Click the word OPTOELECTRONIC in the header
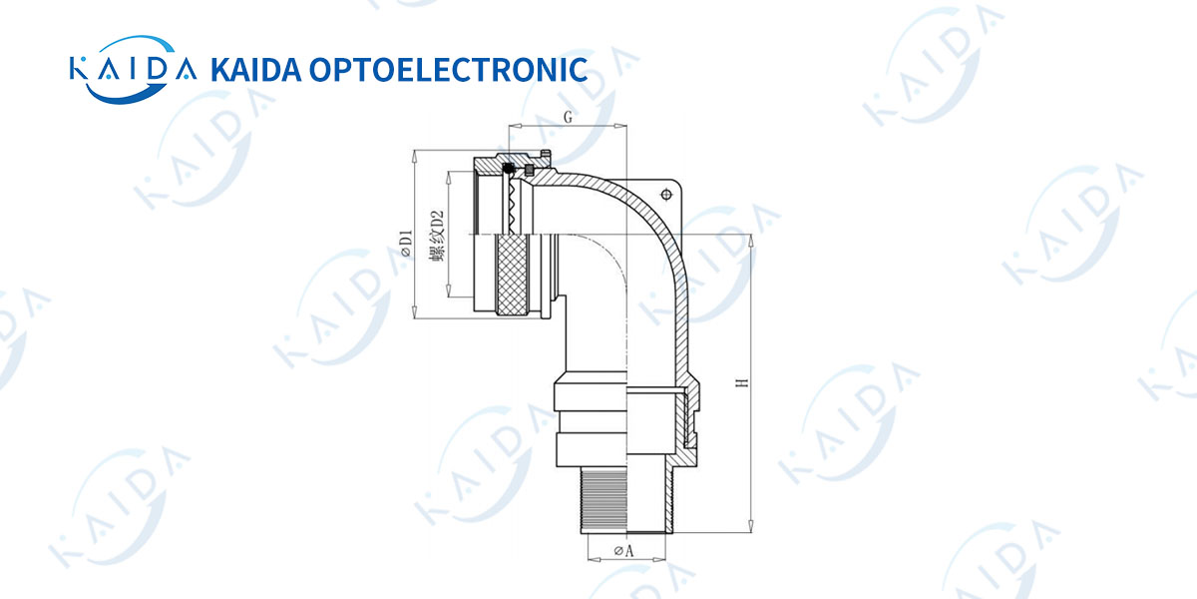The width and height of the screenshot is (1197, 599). [448, 70]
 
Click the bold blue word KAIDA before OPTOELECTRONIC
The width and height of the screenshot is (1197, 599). [256, 70]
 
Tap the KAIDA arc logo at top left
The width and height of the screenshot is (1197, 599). [133, 70]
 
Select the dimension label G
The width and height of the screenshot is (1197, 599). [568, 117]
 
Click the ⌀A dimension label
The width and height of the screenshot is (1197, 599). [624, 550]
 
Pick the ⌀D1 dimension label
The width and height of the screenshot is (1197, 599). [407, 244]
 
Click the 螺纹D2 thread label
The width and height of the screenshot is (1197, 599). [437, 236]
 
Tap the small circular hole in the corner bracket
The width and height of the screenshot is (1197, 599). [666, 194]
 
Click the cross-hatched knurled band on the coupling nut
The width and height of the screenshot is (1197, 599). [512, 275]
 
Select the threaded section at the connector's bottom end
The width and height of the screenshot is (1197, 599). [603, 499]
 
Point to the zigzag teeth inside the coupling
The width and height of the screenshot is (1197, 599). [514, 207]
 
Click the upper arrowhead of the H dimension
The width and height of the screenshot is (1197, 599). [751, 242]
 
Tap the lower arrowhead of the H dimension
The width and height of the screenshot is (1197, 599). [751, 526]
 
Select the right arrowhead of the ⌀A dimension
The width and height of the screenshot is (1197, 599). [659, 559]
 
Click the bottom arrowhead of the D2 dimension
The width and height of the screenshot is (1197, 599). [449, 290]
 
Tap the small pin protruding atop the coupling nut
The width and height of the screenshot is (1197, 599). [545, 154]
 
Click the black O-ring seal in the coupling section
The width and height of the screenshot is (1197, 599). [508, 169]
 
